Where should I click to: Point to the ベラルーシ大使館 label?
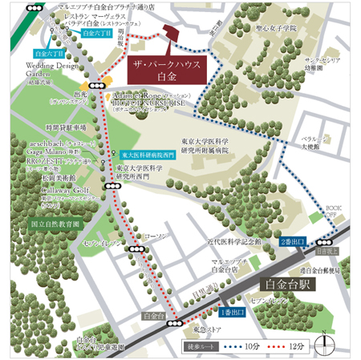[314, 143]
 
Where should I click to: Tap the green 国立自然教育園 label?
[54, 224]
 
